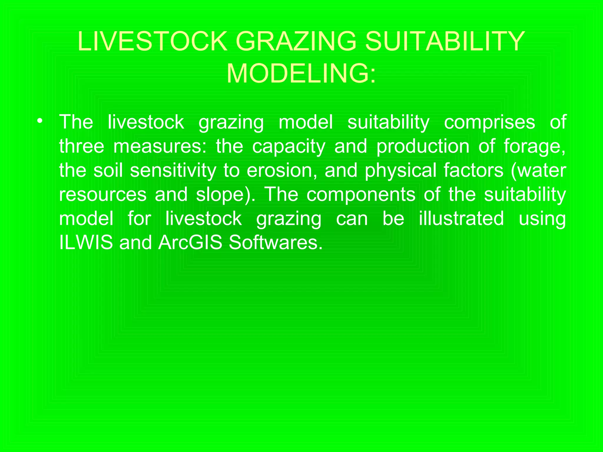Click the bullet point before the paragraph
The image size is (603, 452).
[x=40, y=121]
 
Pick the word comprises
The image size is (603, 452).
[x=489, y=122]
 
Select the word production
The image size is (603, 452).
[x=423, y=147]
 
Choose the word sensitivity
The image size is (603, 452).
[x=173, y=171]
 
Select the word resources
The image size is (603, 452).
[x=103, y=195]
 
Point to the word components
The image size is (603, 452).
[x=361, y=195]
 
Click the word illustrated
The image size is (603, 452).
[x=461, y=219]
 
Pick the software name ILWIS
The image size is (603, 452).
[x=86, y=242]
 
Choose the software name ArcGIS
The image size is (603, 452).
[x=190, y=242]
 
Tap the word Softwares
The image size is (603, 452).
[x=275, y=242]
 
